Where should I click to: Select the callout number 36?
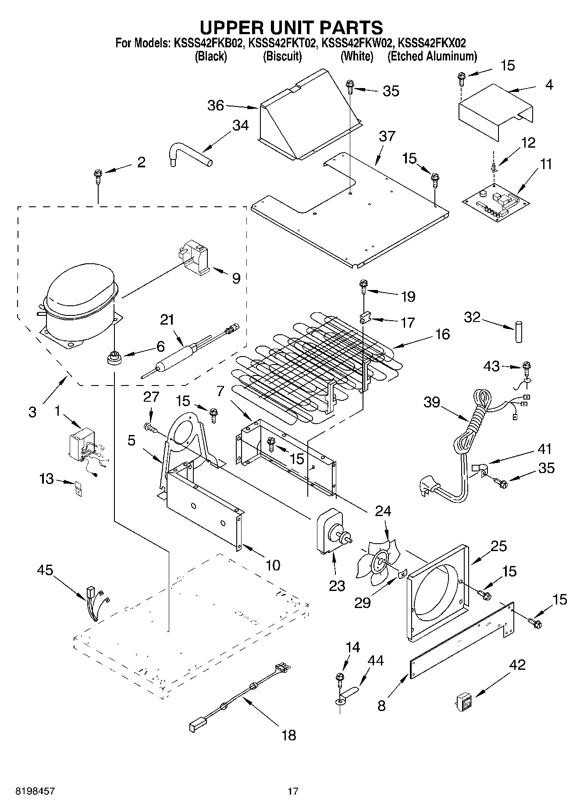point(215,106)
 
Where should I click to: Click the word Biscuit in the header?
point(282,57)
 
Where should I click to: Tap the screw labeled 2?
point(97,177)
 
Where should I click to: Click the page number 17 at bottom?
point(293,791)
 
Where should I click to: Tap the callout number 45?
point(45,570)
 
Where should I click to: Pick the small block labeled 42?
point(464,700)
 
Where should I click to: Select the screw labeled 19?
point(364,286)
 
